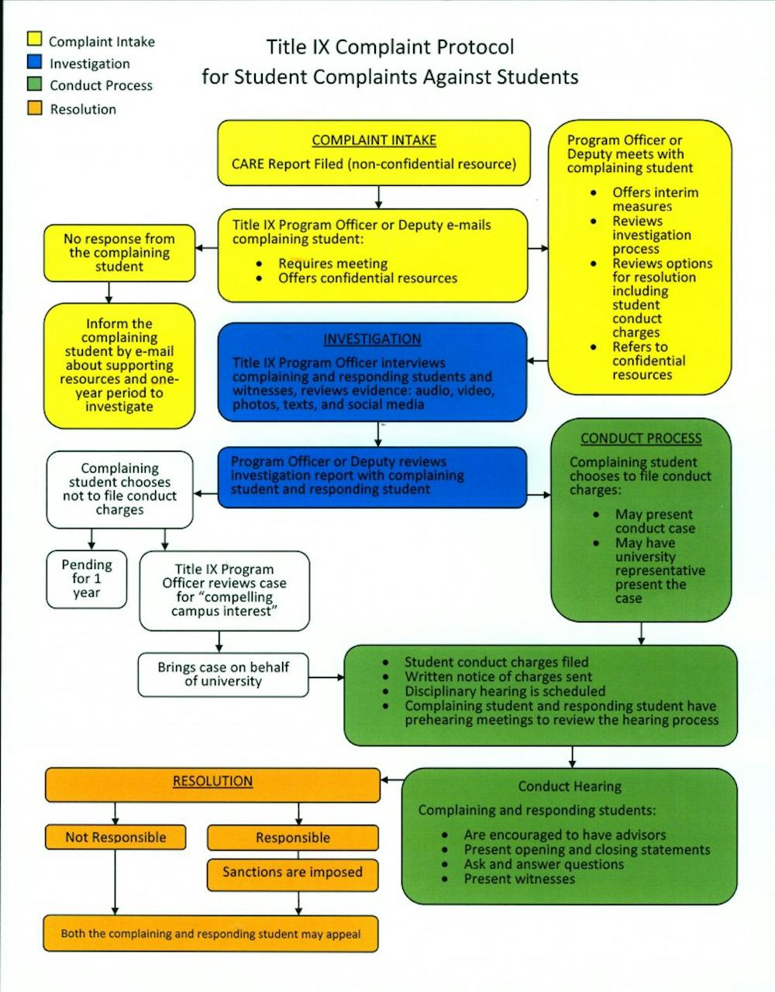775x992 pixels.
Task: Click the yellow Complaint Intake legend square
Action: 34,39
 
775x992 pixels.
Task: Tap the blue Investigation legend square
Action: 34,62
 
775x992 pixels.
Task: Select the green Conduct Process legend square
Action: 34,84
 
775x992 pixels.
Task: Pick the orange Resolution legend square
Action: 34,108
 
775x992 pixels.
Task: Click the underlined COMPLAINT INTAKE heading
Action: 374,140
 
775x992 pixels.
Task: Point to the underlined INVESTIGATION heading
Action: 372,339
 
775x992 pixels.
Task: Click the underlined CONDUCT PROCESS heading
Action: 641,439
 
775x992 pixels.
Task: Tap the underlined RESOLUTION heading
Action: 212,781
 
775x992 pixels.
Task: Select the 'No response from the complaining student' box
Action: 119,253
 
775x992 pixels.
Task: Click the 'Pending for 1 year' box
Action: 87,579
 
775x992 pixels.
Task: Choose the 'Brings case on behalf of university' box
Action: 223,674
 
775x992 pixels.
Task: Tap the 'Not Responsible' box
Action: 115,837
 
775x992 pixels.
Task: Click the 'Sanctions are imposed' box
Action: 292,873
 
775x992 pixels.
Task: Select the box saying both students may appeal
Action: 211,934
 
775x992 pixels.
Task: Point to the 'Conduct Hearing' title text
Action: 570,787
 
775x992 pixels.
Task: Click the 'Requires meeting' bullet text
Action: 333,263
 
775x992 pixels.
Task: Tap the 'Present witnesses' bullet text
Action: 519,879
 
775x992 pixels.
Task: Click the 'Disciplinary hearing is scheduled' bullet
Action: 505,691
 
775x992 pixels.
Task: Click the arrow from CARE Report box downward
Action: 378,197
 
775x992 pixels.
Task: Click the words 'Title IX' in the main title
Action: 298,47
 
